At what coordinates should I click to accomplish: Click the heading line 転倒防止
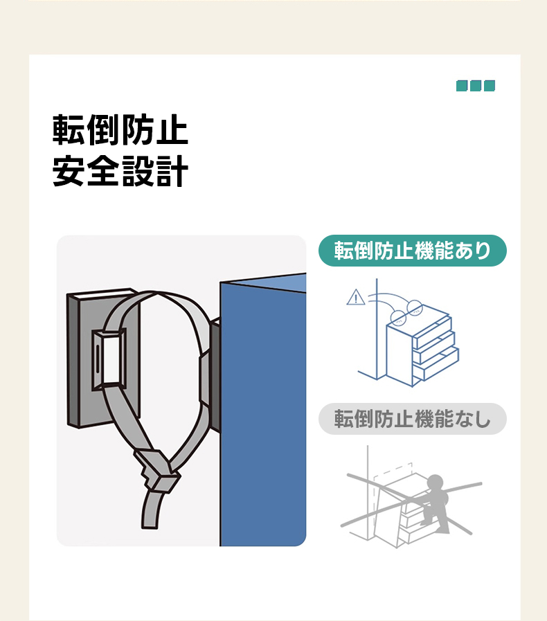[120, 130]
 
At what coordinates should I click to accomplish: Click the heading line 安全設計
[120, 171]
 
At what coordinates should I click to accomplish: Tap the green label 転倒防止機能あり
[413, 251]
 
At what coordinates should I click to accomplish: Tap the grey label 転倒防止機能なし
[413, 419]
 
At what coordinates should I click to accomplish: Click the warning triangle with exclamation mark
[356, 297]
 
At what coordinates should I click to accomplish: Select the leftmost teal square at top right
[461, 86]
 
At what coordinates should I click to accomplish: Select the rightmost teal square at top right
[490, 86]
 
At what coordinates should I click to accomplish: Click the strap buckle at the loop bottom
[157, 471]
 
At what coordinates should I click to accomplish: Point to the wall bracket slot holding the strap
[109, 359]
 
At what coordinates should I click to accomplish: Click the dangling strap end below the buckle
[152, 510]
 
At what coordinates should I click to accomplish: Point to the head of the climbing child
[436, 482]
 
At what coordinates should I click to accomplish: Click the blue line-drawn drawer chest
[422, 345]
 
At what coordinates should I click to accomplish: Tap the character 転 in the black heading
[68, 130]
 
